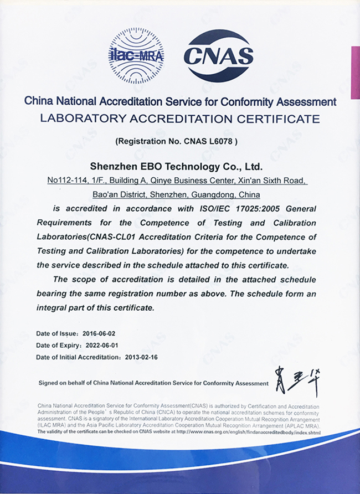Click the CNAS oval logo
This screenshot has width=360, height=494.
pos(219,55)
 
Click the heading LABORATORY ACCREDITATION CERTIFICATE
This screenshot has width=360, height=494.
pos(181,118)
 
